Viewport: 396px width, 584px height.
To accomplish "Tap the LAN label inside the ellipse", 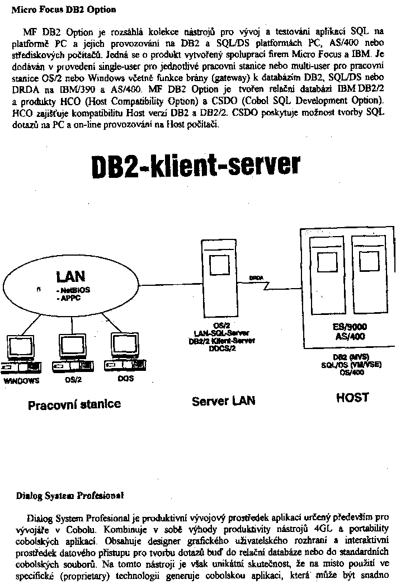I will pyautogui.click(x=70, y=276).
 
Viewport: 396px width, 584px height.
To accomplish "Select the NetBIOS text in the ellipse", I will pyautogui.click(x=73, y=290).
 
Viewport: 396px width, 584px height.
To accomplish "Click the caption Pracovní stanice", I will pyautogui.click(x=74, y=404).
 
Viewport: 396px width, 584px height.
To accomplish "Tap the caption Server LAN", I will pyautogui.click(x=223, y=401).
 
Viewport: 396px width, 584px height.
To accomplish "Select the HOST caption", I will pyautogui.click(x=352, y=397).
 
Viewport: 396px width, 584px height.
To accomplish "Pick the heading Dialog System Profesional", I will pyautogui.click(x=70, y=496).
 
